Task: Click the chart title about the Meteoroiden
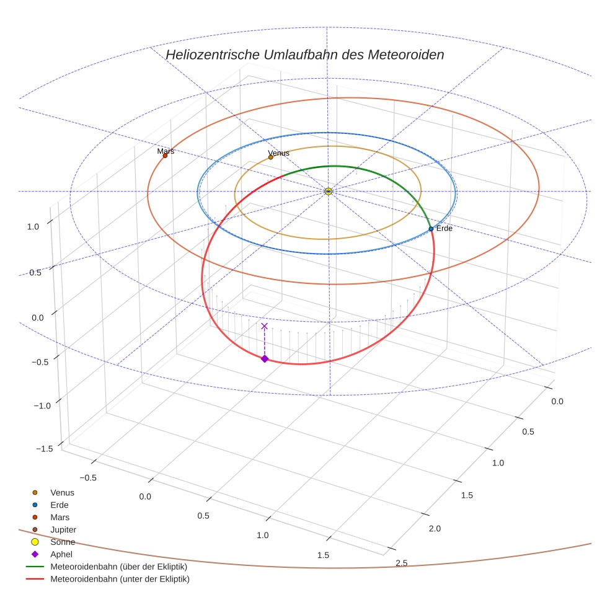click(304, 55)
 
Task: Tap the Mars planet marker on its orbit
click(165, 156)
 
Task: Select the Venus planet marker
click(271, 157)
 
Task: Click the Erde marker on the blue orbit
click(431, 229)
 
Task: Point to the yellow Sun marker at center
click(328, 192)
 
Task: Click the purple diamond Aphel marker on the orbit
click(265, 359)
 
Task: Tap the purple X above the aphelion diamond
click(265, 326)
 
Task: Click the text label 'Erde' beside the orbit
click(444, 229)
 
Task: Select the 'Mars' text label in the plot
click(166, 151)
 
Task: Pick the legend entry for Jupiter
click(63, 529)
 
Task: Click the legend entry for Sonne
click(63, 542)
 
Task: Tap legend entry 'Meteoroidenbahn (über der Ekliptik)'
click(118, 567)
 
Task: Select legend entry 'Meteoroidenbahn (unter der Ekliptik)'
click(120, 579)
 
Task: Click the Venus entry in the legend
click(62, 492)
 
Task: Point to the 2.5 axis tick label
click(401, 563)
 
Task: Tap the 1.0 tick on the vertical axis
click(33, 227)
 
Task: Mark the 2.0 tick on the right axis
click(435, 528)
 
